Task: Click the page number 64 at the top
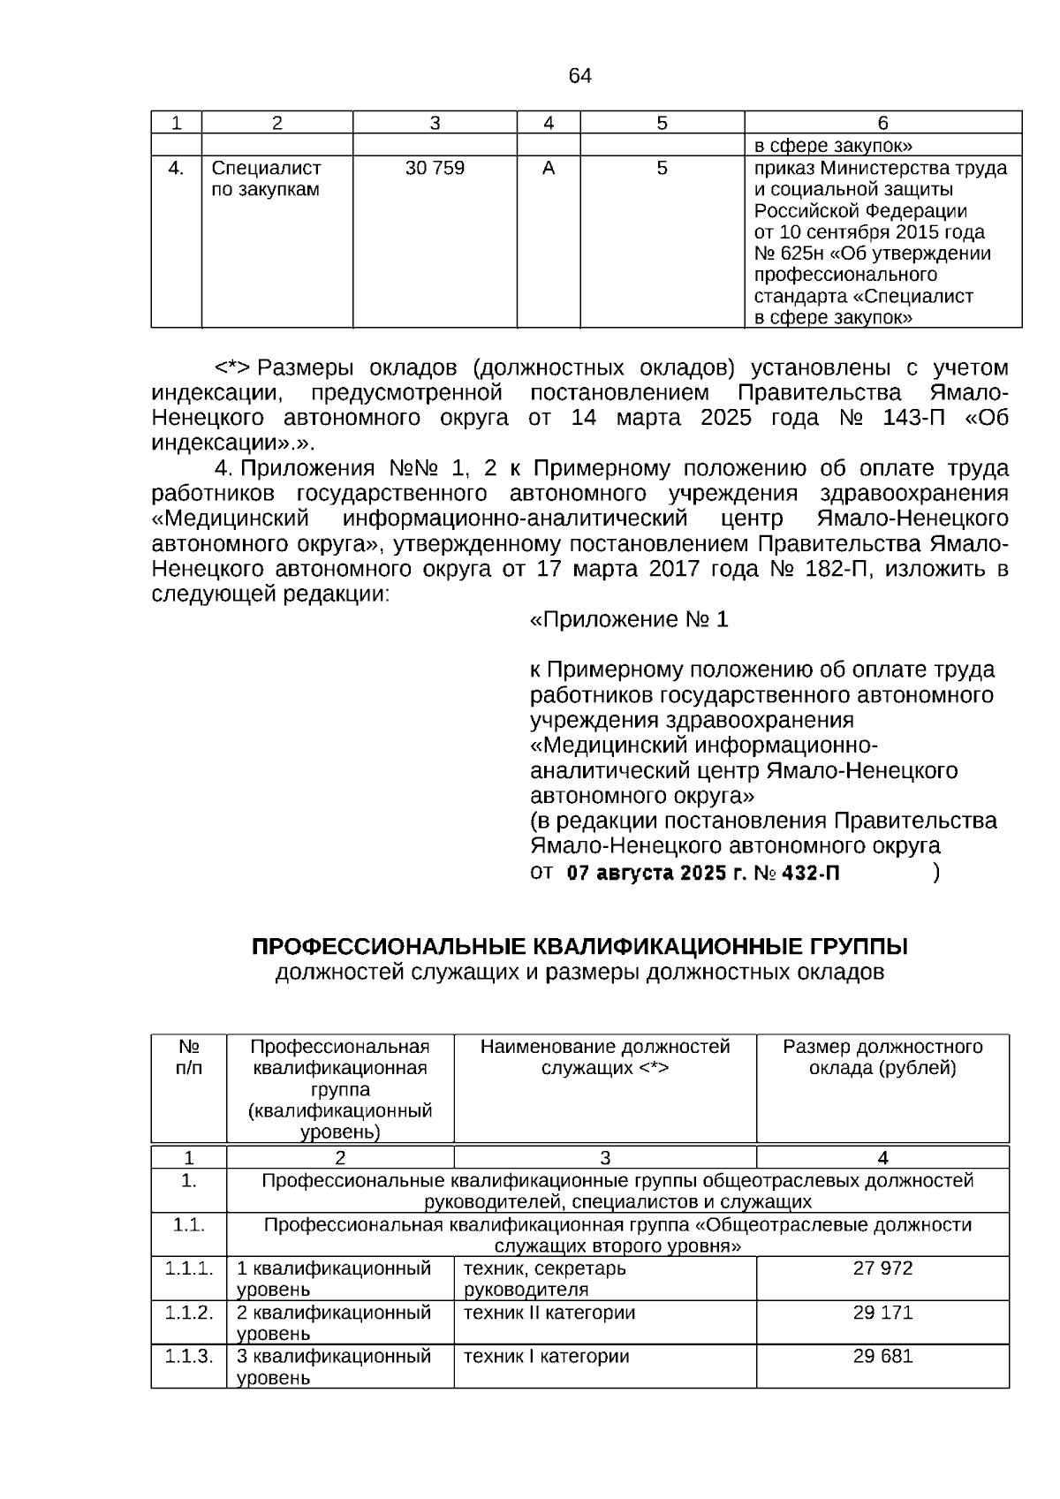[x=579, y=76]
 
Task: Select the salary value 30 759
[x=435, y=168]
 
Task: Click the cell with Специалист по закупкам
[x=267, y=178]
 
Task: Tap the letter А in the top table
[x=549, y=168]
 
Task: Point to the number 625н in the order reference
[x=794, y=254]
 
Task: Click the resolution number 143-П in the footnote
[x=913, y=418]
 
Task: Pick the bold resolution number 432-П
[x=808, y=874]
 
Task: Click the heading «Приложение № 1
[x=628, y=620]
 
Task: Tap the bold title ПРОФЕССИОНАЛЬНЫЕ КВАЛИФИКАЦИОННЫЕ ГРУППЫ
[x=579, y=947]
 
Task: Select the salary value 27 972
[x=882, y=1268]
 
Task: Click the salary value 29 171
[x=882, y=1313]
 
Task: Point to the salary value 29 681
[x=882, y=1356]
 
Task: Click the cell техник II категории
[x=549, y=1313]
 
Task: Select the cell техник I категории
[x=546, y=1356]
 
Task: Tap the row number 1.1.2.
[x=189, y=1313]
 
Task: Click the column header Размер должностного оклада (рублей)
[x=882, y=1057]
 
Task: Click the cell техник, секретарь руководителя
[x=544, y=1278]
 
